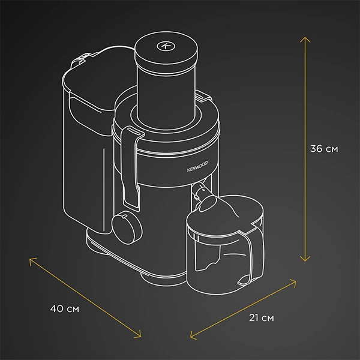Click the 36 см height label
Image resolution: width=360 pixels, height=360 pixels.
[x=325, y=149]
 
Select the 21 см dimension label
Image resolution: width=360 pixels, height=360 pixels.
[x=261, y=316]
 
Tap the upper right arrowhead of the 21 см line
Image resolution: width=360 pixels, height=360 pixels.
[x=296, y=280]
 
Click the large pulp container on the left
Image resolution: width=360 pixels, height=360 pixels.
[x=84, y=150]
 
